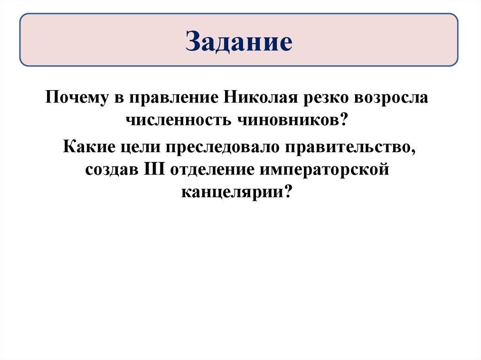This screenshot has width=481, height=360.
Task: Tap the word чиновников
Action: pos(285,121)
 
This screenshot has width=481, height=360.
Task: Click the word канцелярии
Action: pos(231,191)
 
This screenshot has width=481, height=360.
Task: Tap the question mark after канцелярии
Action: pos(286,191)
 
